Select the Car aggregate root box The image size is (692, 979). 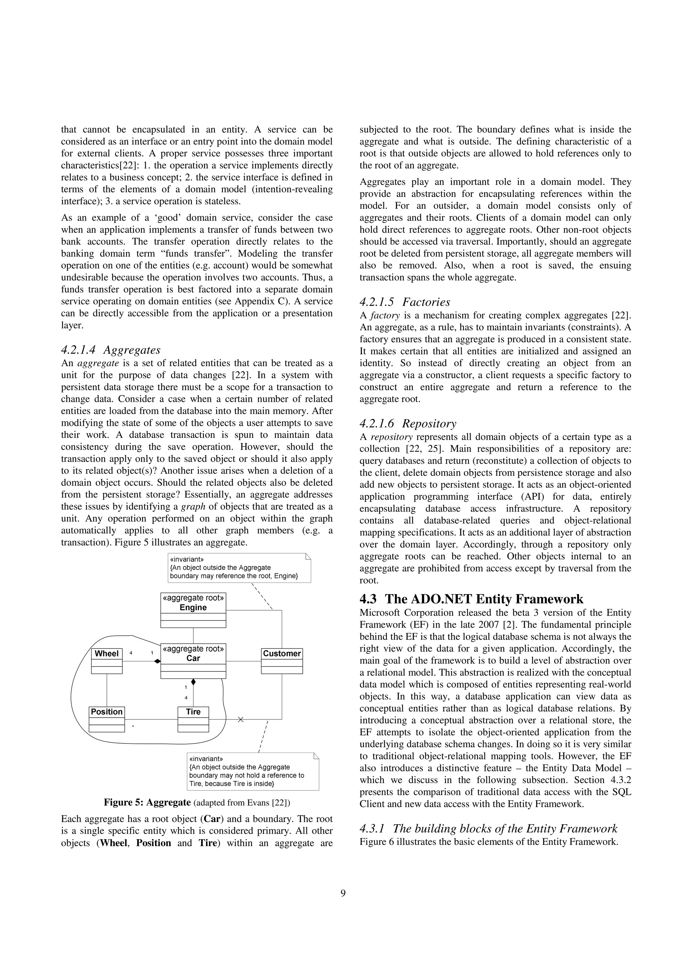[x=193, y=660]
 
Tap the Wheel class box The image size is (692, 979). [x=106, y=660]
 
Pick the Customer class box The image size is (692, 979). [x=281, y=660]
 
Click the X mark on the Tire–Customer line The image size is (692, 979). [x=241, y=719]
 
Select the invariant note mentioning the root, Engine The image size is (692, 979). [x=240, y=567]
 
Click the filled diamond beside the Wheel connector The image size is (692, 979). [x=157, y=661]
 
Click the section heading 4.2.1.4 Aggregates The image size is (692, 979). [x=111, y=350]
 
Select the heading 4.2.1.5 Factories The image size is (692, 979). [x=405, y=302]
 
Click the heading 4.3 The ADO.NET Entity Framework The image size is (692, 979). [x=471, y=599]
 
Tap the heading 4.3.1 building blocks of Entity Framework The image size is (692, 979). [x=488, y=829]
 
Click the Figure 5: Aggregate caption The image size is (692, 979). [x=197, y=803]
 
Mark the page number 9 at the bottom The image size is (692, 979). [x=343, y=893]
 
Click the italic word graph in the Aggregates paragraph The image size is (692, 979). [x=193, y=507]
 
